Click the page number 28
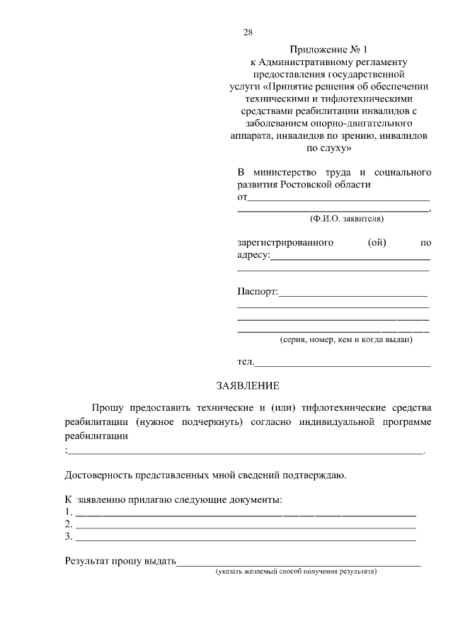coord(248,33)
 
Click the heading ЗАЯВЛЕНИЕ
coord(248,386)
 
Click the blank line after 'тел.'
coord(343,365)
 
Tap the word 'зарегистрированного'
coord(285,243)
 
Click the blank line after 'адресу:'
coord(350,259)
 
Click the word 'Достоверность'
coord(98,475)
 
